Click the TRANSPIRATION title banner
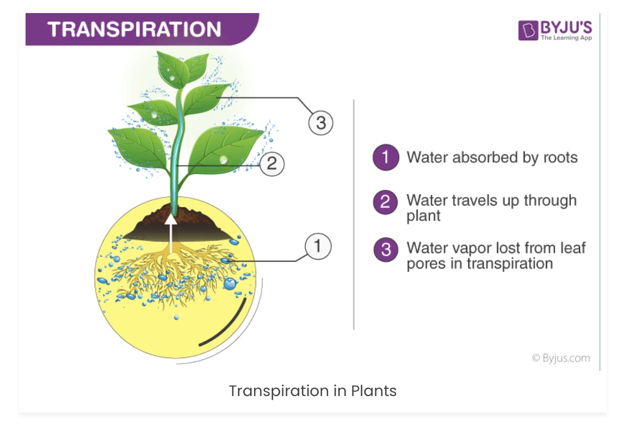(142, 29)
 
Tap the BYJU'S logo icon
(528, 30)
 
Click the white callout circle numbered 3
(321, 123)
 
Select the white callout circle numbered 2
(272, 164)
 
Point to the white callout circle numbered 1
(318, 246)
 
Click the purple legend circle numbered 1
(386, 157)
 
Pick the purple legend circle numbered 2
(386, 202)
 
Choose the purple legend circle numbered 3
(386, 250)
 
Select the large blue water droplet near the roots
(229, 284)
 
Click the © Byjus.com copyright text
(561, 358)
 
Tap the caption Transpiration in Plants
(313, 391)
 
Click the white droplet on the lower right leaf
(223, 160)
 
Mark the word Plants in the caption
(374, 391)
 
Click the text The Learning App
(566, 38)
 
